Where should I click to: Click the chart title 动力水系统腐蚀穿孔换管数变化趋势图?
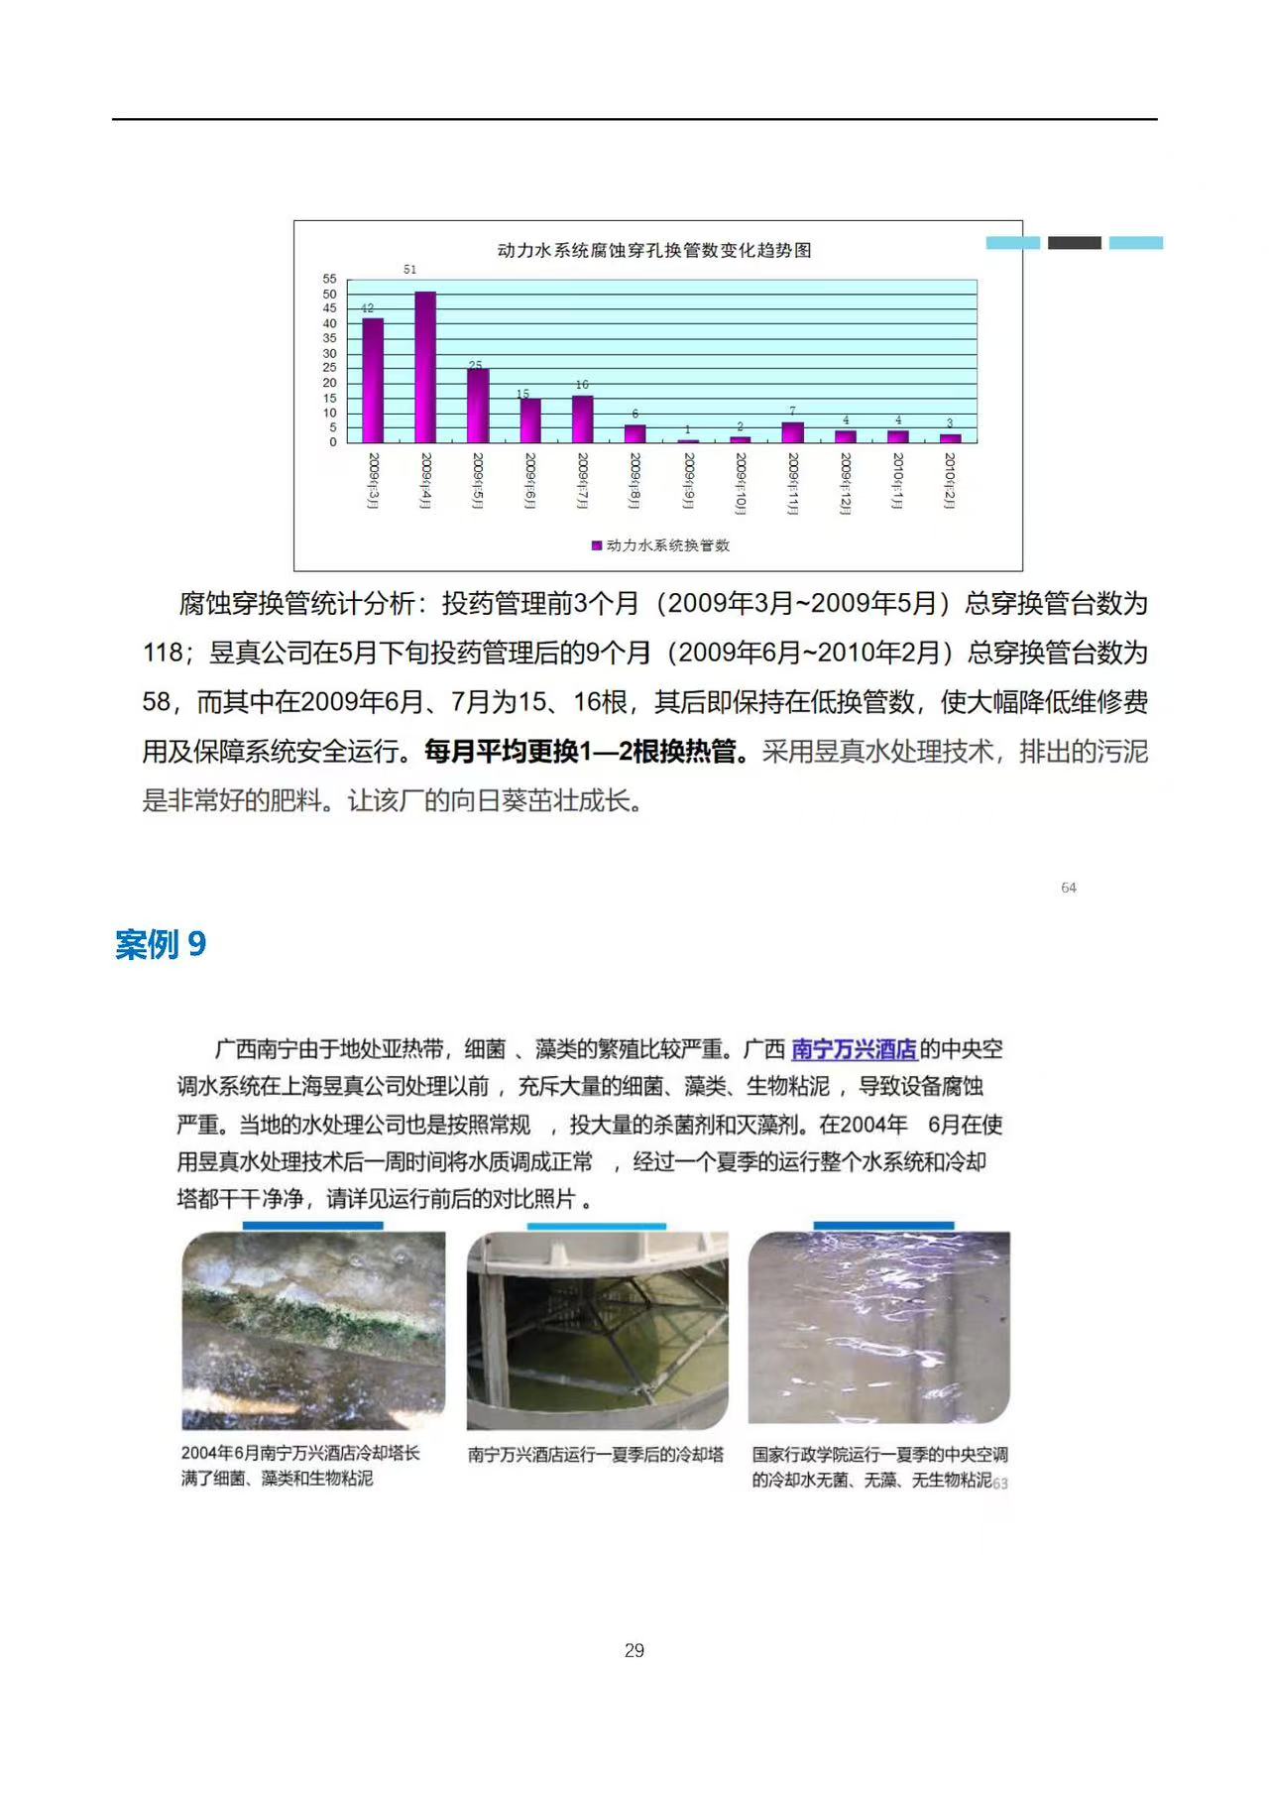[654, 251]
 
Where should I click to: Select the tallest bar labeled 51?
[425, 367]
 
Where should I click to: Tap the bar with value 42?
[373, 380]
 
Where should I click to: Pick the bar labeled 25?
[478, 406]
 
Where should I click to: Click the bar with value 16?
[583, 419]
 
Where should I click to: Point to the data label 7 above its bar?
[792, 411]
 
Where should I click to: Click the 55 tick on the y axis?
[329, 280]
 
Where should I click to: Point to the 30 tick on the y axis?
[329, 354]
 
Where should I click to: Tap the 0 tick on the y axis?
[333, 442]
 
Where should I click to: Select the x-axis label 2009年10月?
[741, 483]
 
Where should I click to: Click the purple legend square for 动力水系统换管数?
[597, 545]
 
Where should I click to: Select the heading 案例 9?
[161, 944]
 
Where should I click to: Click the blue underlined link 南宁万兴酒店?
[854, 1049]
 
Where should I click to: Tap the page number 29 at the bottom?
[634, 1650]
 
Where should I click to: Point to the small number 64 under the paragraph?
[1069, 888]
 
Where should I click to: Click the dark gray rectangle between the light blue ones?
[1075, 243]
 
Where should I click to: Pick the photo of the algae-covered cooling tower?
[313, 1330]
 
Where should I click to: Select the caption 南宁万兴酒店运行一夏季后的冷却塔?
[596, 1455]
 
